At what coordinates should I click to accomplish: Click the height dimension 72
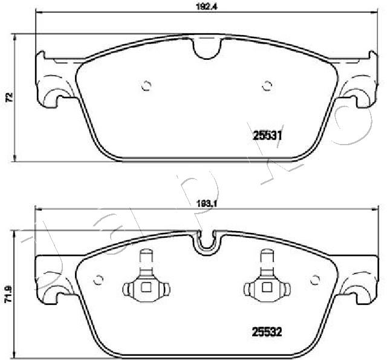[x=8, y=97]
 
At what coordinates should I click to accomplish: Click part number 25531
[x=267, y=137]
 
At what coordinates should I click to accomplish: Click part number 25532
[x=267, y=331]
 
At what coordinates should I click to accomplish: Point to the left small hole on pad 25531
[x=145, y=86]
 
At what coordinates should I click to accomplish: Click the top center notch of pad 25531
[x=206, y=49]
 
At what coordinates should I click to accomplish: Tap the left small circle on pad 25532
[x=99, y=280]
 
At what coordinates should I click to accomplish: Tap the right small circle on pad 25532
[x=313, y=280]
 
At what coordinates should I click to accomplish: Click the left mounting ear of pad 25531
[x=53, y=84]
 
